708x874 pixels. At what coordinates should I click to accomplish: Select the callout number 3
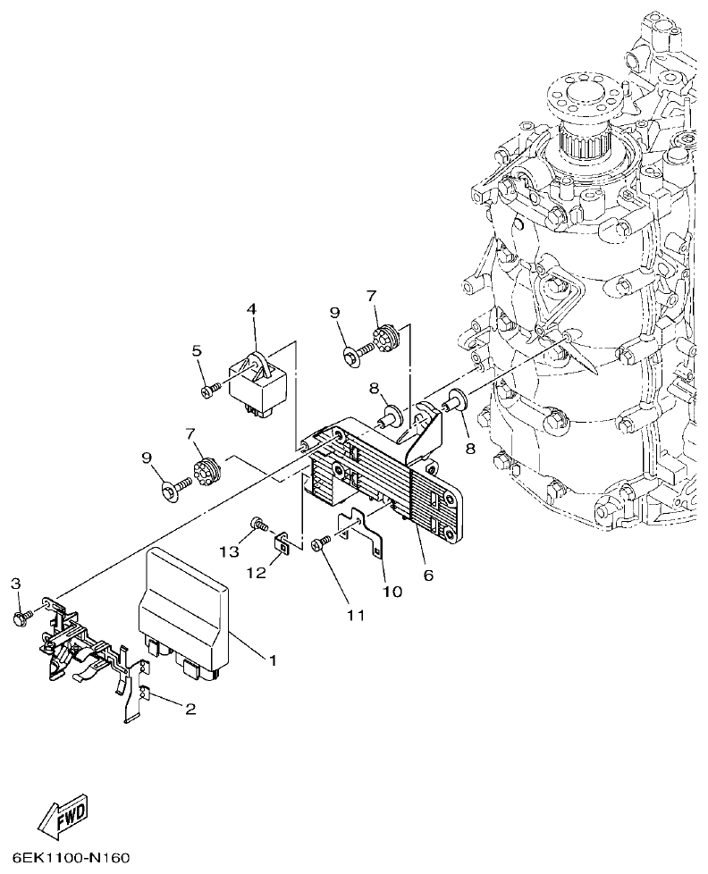pos(15,584)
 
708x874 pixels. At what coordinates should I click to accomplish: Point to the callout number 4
pos(252,309)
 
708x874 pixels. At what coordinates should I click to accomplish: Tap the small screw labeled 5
pos(209,390)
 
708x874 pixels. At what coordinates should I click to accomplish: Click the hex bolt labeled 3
pos(20,617)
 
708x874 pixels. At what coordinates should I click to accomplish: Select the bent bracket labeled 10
pos(361,537)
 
